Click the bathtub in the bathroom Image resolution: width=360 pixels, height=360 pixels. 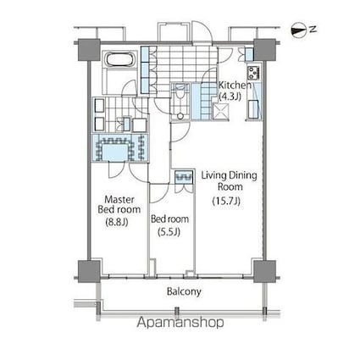[117, 63]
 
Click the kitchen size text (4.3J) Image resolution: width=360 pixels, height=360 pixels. [230, 97]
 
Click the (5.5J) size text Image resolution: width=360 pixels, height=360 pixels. [169, 232]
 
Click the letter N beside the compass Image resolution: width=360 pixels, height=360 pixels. [313, 30]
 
